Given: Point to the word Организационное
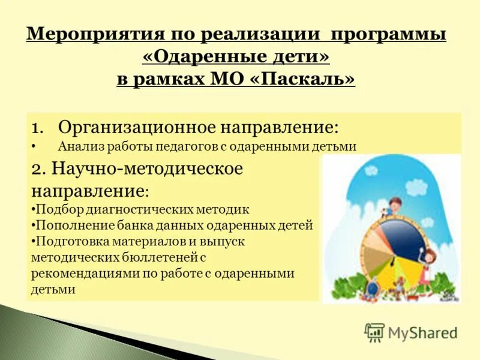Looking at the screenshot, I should click(x=136, y=128).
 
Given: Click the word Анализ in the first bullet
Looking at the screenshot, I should click(x=77, y=146).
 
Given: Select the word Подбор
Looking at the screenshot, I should click(x=54, y=209).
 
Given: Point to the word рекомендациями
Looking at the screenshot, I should click(x=81, y=273).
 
